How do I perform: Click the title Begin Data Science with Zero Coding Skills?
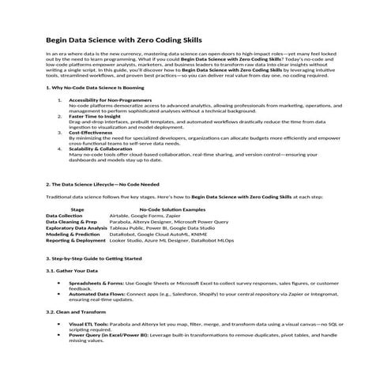coord(124,39)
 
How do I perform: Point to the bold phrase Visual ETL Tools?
coord(88,324)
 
